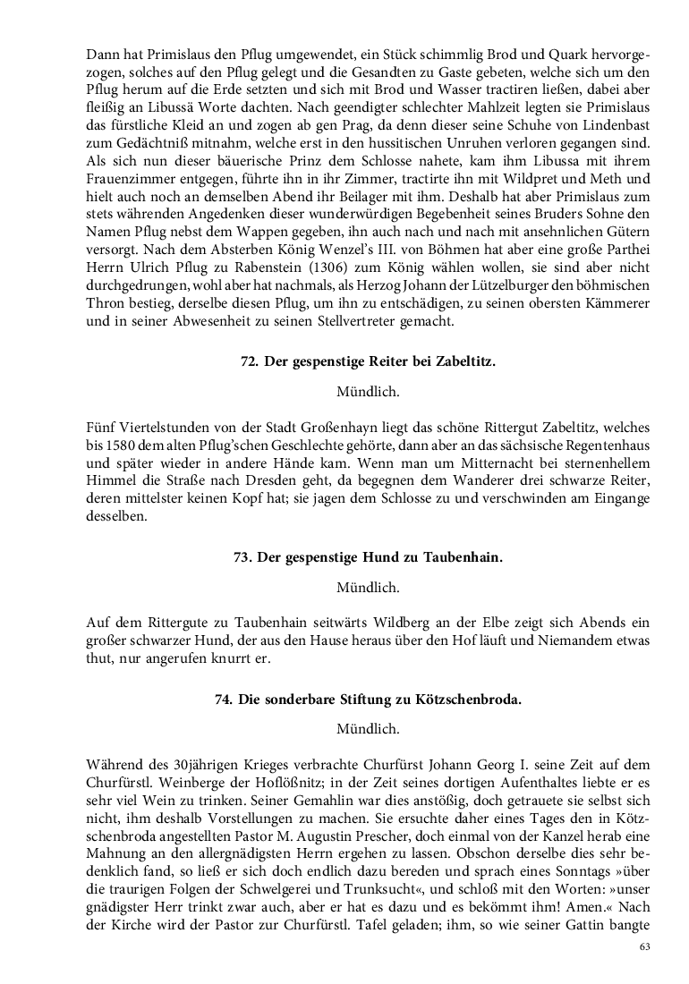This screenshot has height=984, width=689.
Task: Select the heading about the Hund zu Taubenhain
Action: coord(368,557)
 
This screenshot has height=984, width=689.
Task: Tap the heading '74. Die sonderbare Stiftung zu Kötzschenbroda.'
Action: coord(368,700)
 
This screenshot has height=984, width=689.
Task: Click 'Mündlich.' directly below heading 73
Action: coord(368,588)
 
